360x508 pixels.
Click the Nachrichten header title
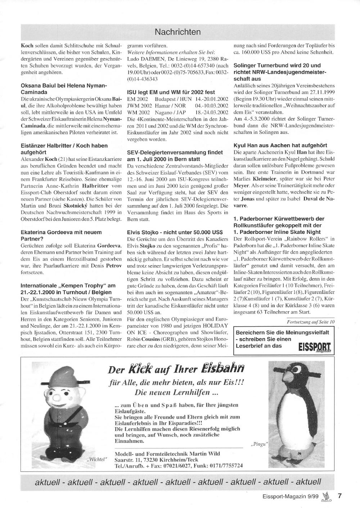177,32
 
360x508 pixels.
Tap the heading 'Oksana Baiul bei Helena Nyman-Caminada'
64,89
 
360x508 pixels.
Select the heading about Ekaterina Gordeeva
61,235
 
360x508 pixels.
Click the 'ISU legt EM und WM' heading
171,92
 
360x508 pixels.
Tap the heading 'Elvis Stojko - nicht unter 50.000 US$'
175,232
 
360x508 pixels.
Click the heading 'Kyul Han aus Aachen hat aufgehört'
280,145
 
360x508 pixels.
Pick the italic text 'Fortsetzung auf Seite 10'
311,321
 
